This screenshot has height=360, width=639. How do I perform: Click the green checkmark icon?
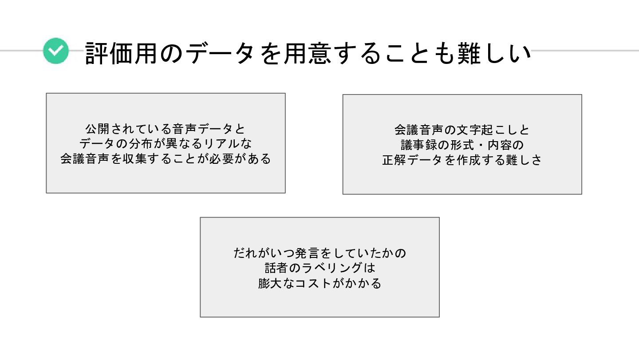(x=56, y=51)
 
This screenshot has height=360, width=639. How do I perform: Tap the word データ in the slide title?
(x=220, y=53)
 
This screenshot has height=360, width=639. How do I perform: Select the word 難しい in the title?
(x=494, y=53)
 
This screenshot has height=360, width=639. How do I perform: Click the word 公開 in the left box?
(x=97, y=129)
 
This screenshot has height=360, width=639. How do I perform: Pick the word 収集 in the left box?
(x=135, y=158)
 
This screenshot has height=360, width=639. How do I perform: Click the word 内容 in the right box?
(x=500, y=145)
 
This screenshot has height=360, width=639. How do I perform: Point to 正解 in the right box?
(x=394, y=160)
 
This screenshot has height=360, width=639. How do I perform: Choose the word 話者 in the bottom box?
(x=276, y=268)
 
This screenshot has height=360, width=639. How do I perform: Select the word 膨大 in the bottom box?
(x=270, y=283)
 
